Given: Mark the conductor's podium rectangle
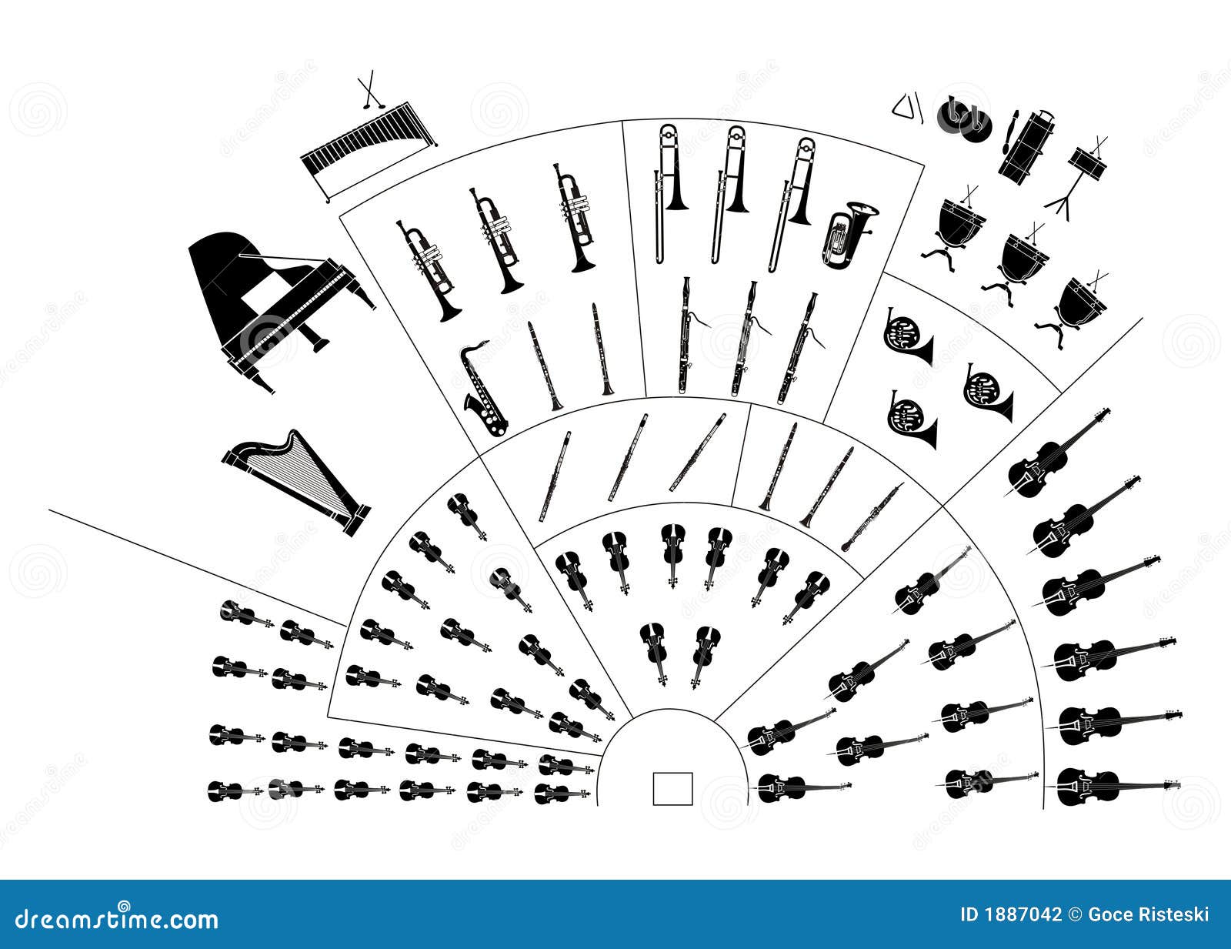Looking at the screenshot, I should [x=672, y=788].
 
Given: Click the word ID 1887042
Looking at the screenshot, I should [x=1010, y=915].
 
